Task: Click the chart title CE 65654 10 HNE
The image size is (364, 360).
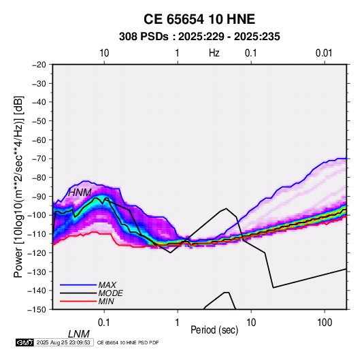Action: pos(199,19)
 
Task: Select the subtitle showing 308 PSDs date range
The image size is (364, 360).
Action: pos(199,37)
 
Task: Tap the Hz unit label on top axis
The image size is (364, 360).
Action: pos(214,53)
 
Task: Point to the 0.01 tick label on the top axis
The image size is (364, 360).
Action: pos(324,53)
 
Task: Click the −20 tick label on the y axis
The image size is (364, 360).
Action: pos(39,65)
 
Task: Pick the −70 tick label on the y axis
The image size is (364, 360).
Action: pos(39,159)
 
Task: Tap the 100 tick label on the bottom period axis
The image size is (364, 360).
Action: pos(325,323)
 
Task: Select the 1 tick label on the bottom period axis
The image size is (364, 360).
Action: pos(178,323)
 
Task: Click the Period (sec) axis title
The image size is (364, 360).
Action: pos(214,330)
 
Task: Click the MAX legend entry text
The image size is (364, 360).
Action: pos(107,285)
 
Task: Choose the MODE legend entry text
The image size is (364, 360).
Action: pos(110,293)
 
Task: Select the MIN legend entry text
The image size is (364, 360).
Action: pos(106,301)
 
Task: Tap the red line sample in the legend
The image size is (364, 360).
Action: pos(78,301)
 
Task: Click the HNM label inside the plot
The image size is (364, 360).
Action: pos(80,193)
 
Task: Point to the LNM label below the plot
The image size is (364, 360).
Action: pos(79,334)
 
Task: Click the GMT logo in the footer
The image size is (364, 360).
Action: pos(24,342)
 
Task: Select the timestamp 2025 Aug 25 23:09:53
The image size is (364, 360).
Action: pos(63,342)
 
